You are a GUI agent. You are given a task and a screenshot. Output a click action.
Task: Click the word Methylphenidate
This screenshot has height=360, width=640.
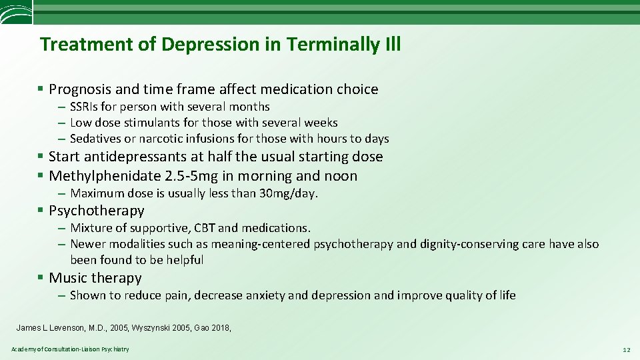tap(104, 176)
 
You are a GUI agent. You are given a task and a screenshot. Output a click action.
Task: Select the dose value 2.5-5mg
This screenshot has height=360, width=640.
tap(189, 176)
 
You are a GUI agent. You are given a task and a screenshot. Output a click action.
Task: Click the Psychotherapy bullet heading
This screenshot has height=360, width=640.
tap(97, 211)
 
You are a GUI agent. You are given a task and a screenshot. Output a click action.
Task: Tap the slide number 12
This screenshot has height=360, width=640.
tap(625, 350)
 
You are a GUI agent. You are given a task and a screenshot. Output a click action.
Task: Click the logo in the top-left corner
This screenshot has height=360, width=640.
tap(15, 12)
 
